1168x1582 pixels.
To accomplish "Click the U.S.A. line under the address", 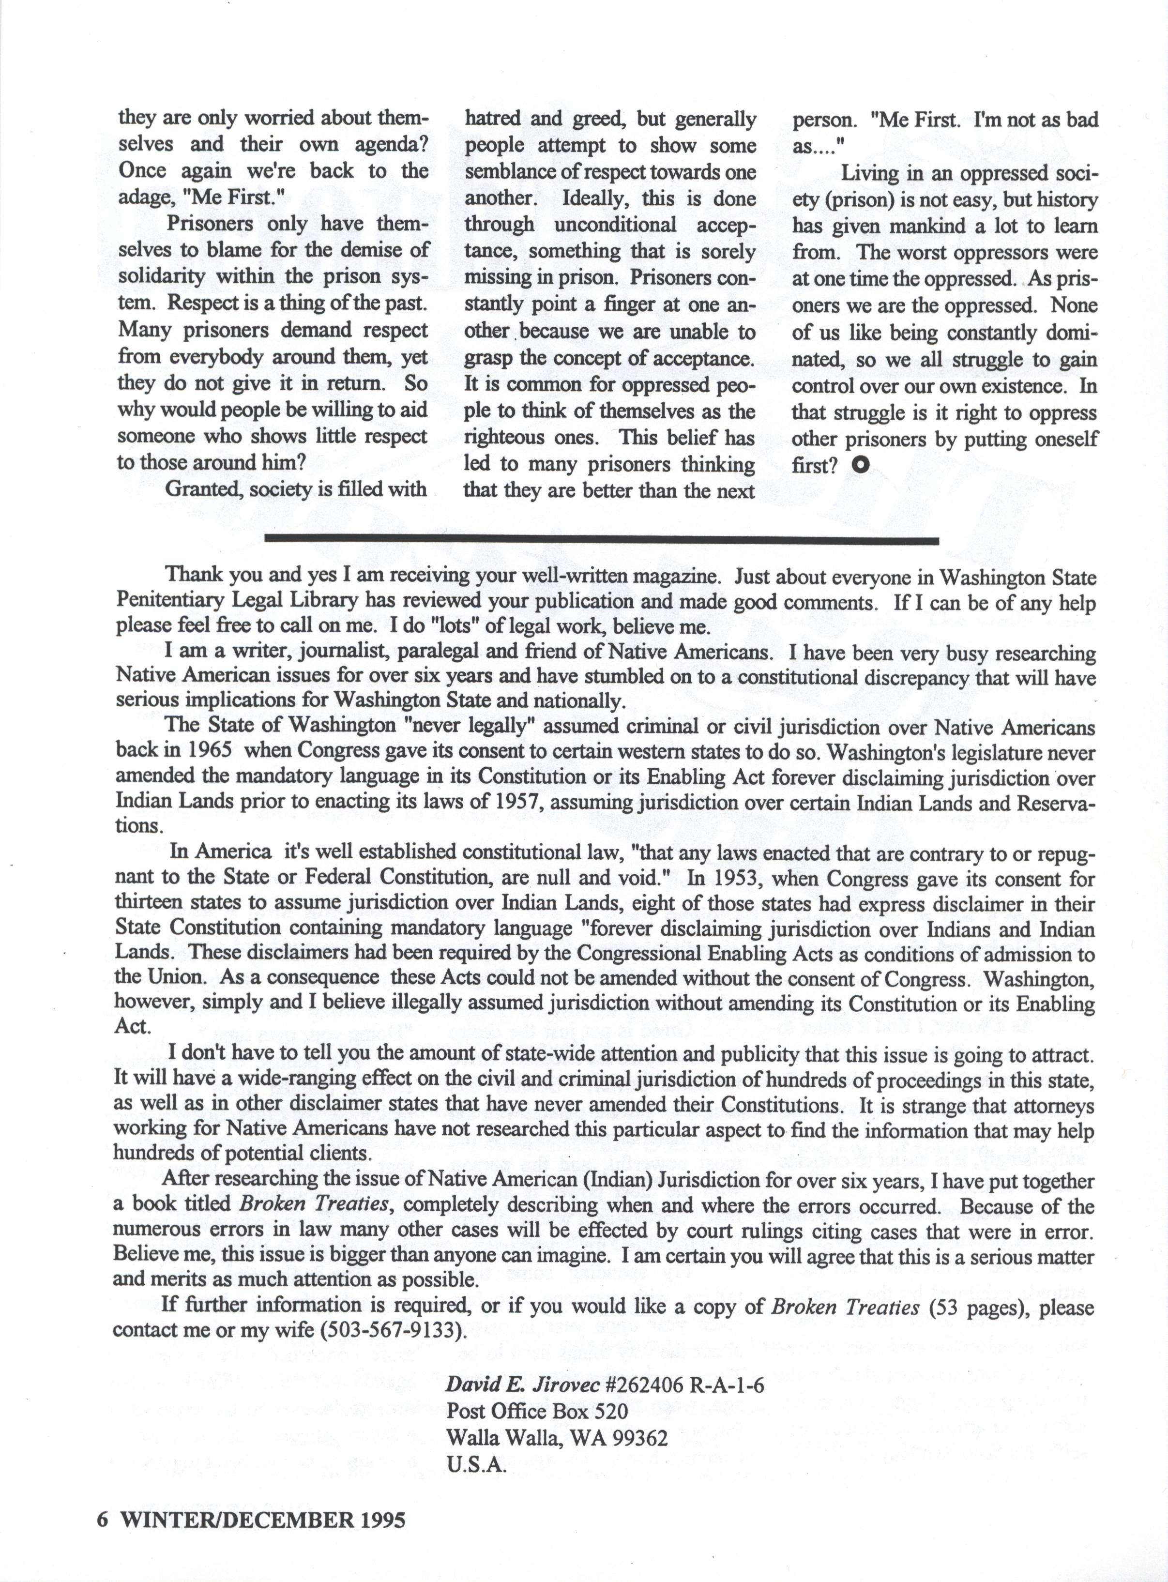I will pyautogui.click(x=476, y=1465).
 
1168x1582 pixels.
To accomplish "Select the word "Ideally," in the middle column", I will pyautogui.click(x=591, y=198).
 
